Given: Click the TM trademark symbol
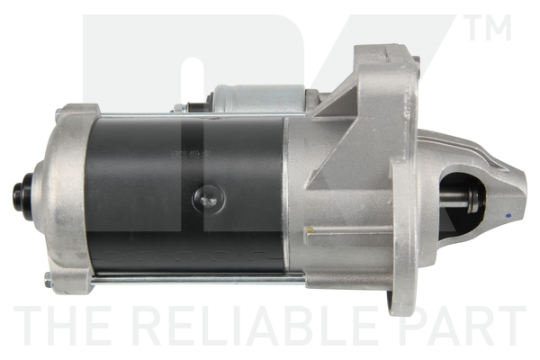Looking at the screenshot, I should click(x=489, y=28).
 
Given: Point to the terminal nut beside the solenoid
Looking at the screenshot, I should click(x=180, y=107).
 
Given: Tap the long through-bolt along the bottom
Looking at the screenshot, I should click(x=198, y=277).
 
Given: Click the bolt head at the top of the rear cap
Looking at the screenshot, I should click(x=60, y=113).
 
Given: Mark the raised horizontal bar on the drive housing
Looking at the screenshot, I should click(x=346, y=231).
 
